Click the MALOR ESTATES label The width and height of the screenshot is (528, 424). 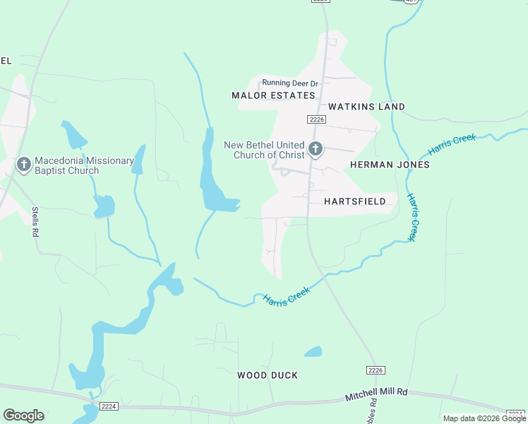pyautogui.click(x=273, y=95)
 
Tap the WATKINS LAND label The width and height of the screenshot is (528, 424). pyautogui.click(x=366, y=107)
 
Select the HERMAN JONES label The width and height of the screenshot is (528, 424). pyautogui.click(x=390, y=165)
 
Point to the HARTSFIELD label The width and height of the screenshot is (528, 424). pyautogui.click(x=355, y=201)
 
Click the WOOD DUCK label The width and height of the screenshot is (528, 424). pyautogui.click(x=268, y=375)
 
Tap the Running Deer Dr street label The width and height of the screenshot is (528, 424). pyautogui.click(x=290, y=83)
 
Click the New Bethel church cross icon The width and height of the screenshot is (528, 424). pyautogui.click(x=315, y=149)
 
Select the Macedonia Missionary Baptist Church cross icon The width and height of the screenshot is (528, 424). pyautogui.click(x=23, y=165)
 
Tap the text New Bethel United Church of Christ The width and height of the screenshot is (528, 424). pyautogui.click(x=264, y=150)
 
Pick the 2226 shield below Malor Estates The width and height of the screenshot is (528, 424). pyautogui.click(x=316, y=119)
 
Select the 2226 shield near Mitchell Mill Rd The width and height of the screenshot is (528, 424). pyautogui.click(x=375, y=370)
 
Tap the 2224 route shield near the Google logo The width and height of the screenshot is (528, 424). pyautogui.click(x=109, y=406)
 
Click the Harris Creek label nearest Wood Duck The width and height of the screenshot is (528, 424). pyautogui.click(x=287, y=295)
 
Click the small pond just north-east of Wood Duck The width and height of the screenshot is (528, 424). pyautogui.click(x=313, y=351)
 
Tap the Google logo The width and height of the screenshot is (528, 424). pyautogui.click(x=23, y=416)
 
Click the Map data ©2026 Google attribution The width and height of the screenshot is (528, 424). pyautogui.click(x=484, y=418)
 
